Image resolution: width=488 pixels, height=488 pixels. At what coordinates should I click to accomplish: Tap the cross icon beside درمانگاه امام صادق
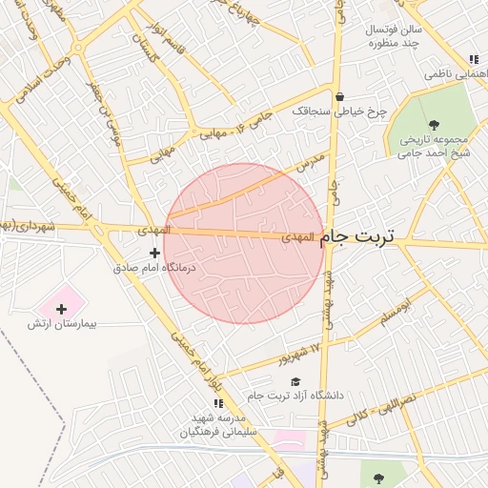155,253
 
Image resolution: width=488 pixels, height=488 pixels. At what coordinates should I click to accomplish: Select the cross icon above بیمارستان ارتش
62,308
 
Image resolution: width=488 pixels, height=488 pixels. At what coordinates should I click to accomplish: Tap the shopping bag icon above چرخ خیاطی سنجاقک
339,96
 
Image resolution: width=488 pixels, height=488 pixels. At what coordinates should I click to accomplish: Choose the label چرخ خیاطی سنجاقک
339,112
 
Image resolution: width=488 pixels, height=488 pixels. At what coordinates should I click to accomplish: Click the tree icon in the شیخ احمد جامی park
435,124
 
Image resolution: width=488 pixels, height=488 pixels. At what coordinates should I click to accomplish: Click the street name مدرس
312,163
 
